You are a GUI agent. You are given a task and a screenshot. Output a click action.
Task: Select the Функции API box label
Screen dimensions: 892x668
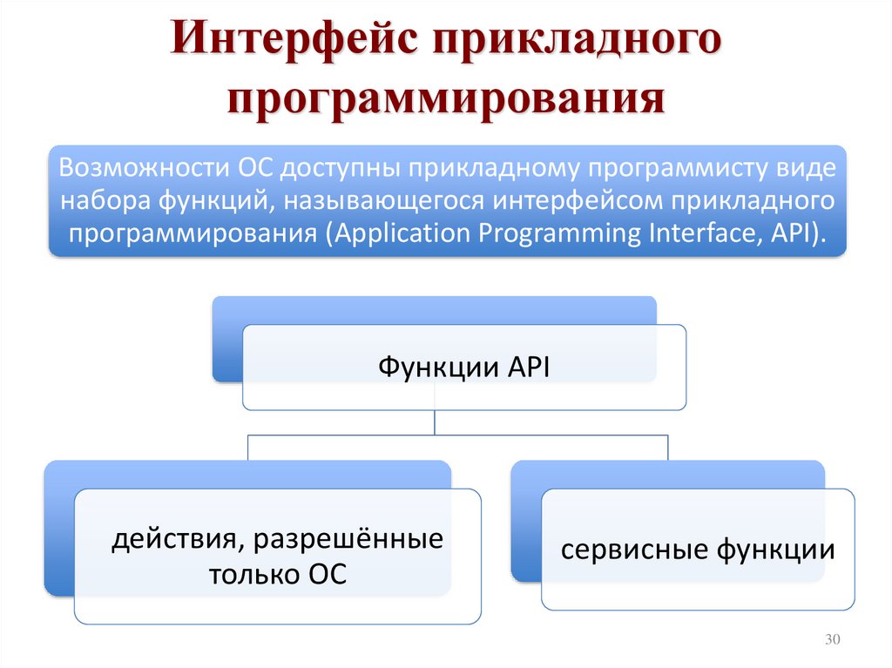(463, 368)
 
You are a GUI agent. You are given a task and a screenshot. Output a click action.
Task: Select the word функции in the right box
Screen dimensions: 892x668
(777, 550)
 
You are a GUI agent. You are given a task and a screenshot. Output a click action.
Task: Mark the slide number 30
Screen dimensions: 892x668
(831, 641)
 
